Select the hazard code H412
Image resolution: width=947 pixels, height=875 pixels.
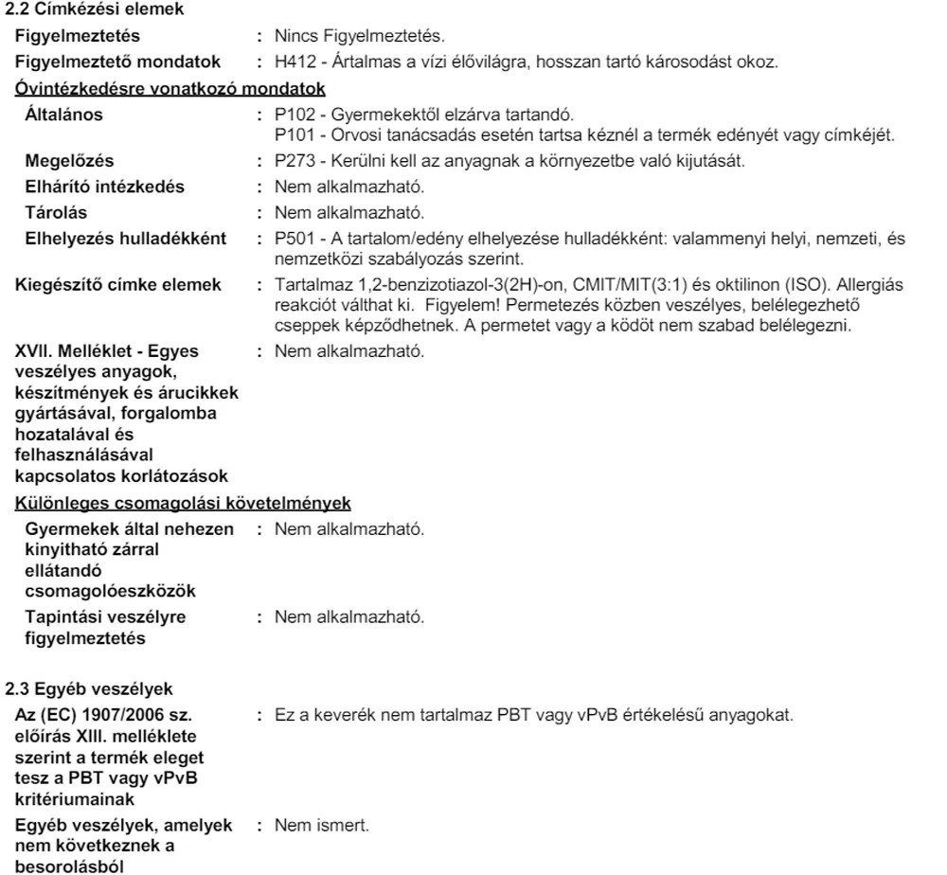[x=294, y=62]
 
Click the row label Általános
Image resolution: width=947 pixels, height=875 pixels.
[x=64, y=116]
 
